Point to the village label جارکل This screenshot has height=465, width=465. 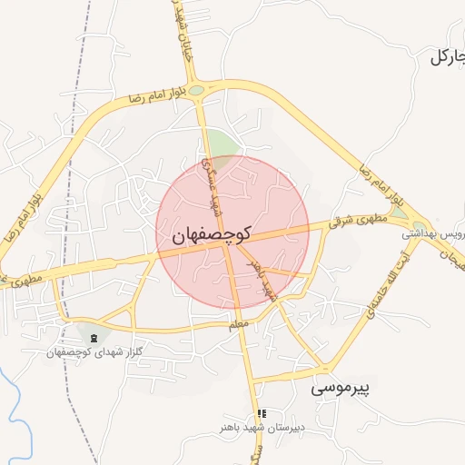point(447,56)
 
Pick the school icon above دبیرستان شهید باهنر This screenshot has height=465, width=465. point(262,413)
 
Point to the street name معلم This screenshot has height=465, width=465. point(239,322)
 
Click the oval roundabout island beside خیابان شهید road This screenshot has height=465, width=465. point(197,89)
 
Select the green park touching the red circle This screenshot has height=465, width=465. point(221,144)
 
